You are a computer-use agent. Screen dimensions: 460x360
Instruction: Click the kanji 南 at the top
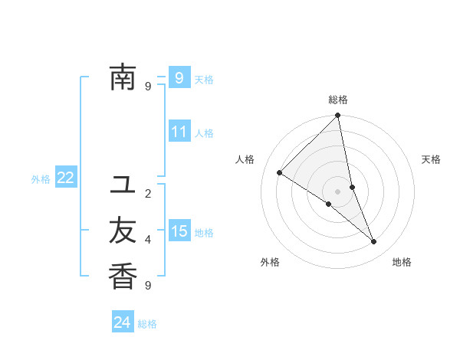(x=123, y=77)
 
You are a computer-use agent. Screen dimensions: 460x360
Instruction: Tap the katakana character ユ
(x=123, y=185)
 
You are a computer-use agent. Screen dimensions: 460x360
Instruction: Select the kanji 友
(x=123, y=231)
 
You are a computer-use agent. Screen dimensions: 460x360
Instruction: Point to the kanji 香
(x=123, y=276)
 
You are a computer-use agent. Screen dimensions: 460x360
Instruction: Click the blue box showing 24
(x=123, y=322)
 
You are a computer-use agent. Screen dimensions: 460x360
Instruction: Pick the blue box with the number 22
(x=66, y=178)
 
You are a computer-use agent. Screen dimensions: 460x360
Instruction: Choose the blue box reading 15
(x=179, y=231)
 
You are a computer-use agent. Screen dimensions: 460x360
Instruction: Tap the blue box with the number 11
(x=179, y=132)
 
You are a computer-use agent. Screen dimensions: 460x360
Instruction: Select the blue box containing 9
(x=179, y=77)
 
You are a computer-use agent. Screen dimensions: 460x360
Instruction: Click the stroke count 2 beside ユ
(x=148, y=194)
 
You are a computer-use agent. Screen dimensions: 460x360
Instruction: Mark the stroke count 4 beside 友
(x=148, y=240)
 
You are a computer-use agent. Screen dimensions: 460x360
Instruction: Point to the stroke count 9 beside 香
(x=148, y=286)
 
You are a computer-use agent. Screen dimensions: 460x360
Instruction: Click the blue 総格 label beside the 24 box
(x=147, y=324)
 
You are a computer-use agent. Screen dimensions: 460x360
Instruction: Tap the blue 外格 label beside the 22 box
(x=41, y=179)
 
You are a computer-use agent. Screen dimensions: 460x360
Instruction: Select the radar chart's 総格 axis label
(x=338, y=100)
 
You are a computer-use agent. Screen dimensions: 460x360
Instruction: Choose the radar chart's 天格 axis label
(x=431, y=159)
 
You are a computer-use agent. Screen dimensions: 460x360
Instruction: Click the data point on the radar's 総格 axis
(x=338, y=116)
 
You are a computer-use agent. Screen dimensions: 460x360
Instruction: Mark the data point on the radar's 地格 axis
(x=374, y=242)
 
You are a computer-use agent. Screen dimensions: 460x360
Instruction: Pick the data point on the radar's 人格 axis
(x=280, y=173)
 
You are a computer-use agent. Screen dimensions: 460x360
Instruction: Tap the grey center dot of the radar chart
(x=337, y=191)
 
